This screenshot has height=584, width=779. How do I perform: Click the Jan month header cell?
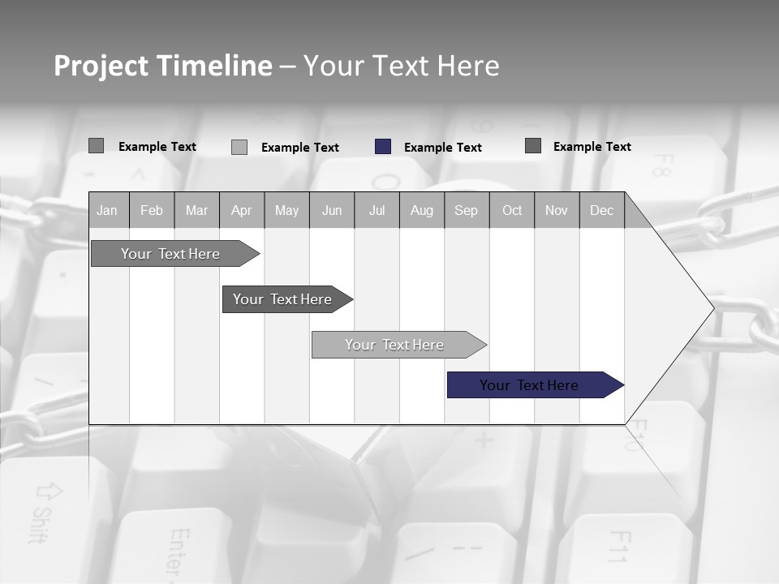(107, 210)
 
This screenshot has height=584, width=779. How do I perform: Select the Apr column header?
(242, 210)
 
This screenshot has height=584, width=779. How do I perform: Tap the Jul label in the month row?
(377, 210)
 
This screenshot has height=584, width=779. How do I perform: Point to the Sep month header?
(467, 210)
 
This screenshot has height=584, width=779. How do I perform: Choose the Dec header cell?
(602, 210)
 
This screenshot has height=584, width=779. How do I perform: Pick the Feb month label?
(152, 210)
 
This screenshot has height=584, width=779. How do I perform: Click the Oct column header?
(512, 210)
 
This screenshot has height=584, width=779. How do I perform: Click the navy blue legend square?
(383, 147)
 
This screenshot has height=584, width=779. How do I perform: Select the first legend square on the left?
(96, 146)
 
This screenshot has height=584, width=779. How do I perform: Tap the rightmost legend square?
(533, 146)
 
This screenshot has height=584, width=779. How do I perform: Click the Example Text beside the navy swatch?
(443, 148)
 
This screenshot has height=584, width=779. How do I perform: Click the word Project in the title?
(101, 66)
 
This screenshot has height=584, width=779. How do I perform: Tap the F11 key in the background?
(619, 547)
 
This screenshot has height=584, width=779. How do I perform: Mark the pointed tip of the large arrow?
(712, 308)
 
